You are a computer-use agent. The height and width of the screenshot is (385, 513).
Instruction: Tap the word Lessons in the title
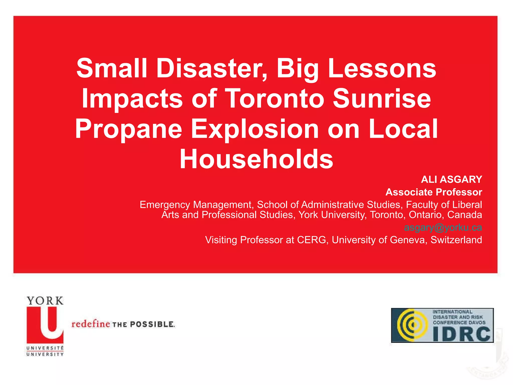(382, 68)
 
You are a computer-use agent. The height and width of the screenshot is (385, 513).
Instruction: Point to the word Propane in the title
(129, 129)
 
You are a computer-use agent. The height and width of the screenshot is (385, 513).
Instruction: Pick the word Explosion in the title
(255, 129)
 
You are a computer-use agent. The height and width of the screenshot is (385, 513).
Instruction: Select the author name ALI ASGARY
(451, 179)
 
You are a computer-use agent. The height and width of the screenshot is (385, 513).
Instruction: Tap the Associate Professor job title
(434, 192)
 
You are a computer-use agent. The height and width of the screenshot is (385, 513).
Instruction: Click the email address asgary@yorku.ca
(443, 227)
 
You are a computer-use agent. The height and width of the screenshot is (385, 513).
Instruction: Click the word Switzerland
(456, 240)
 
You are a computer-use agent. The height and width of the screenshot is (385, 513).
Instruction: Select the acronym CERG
(311, 240)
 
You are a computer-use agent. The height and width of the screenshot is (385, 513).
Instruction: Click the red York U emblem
(45, 325)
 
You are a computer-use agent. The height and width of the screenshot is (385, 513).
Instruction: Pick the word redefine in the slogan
(91, 324)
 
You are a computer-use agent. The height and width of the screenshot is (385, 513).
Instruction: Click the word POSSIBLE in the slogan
(152, 324)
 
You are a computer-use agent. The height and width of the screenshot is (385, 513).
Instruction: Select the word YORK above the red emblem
(45, 301)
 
